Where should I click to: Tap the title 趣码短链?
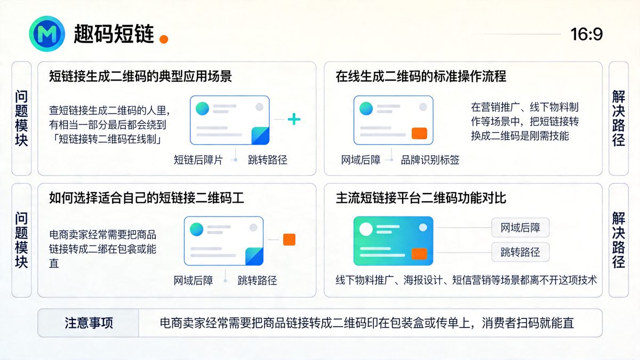point(114,35)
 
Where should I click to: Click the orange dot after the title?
point(164,38)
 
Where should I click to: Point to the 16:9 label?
point(586,34)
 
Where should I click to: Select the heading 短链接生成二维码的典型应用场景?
point(140,76)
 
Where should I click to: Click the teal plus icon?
point(294,119)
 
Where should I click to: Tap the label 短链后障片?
point(198,159)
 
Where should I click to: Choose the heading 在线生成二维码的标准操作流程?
point(421,76)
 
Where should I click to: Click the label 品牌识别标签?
point(430,159)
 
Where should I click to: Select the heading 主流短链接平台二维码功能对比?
point(421,198)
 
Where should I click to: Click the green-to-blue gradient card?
point(393,241)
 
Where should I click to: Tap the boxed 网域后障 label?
point(520,228)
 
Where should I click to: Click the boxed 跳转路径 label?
point(520,252)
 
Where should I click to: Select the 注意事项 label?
point(89,323)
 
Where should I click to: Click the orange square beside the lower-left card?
point(289,239)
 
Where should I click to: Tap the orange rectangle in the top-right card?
point(420,133)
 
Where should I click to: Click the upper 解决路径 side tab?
point(618,118)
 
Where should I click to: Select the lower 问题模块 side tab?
point(21,240)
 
